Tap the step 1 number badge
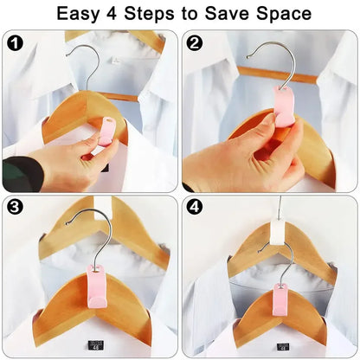[x=14, y=42]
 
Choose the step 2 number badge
[x=194, y=42]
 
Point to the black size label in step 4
[x=284, y=346]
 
